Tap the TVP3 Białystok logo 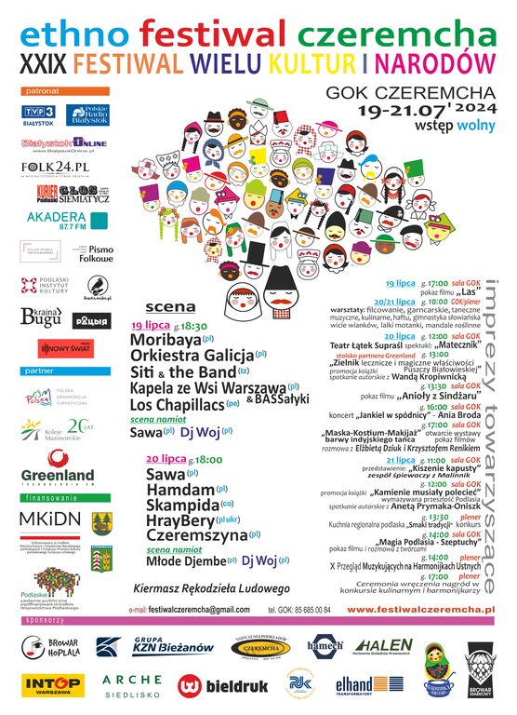(41, 115)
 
